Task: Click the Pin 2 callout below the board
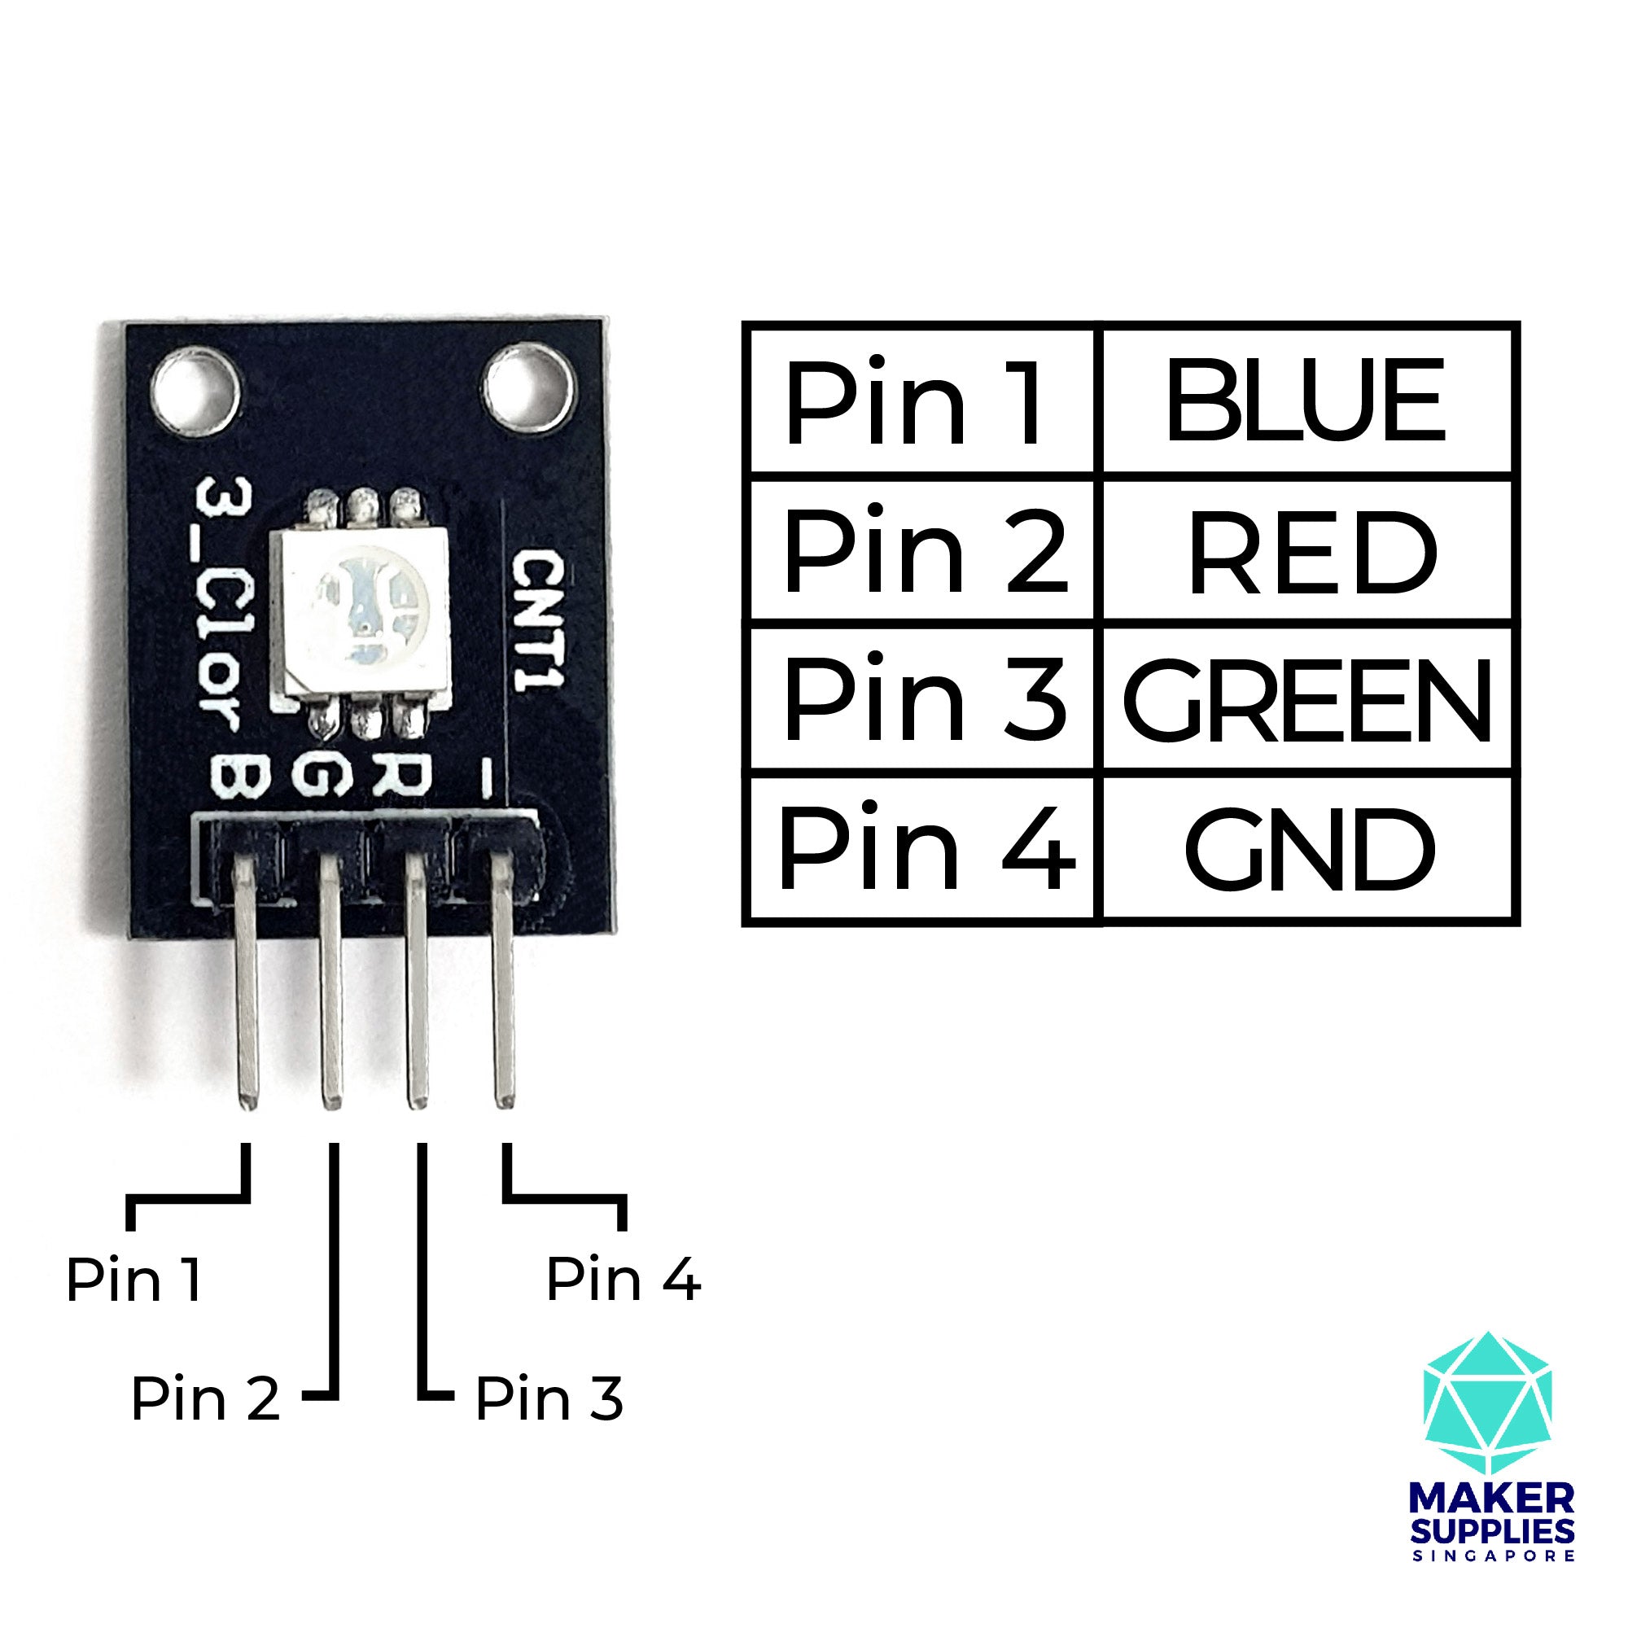[205, 1399]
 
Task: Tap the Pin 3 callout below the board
[549, 1399]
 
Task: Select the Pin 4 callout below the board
[624, 1280]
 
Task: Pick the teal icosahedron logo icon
[1487, 1403]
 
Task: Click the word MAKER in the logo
[1491, 1499]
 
